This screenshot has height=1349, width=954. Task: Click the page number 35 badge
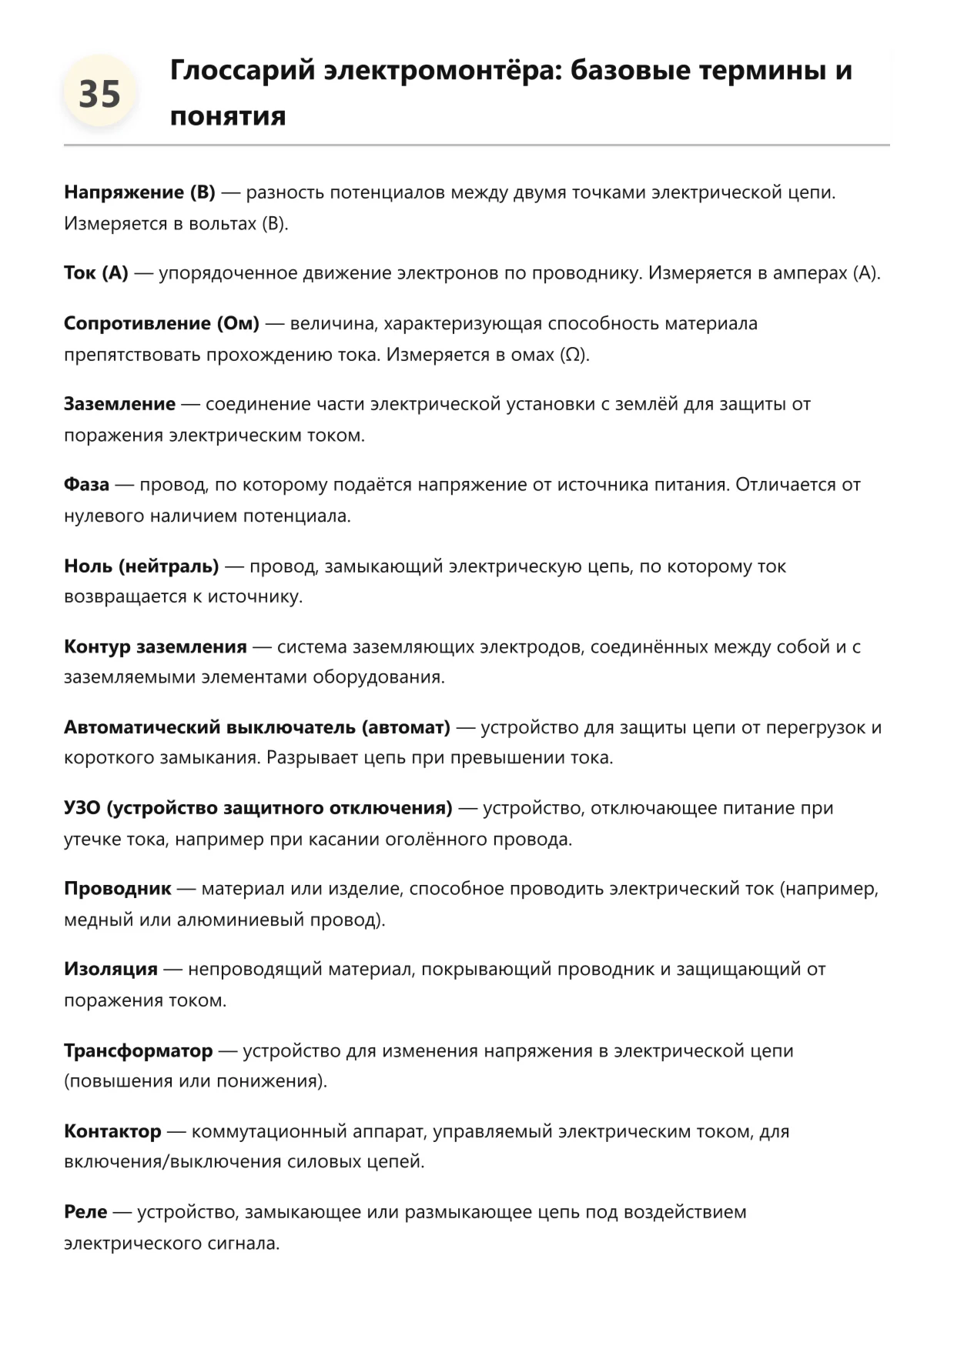(x=99, y=94)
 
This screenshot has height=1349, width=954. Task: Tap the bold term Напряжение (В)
(x=139, y=192)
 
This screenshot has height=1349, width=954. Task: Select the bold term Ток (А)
(x=96, y=273)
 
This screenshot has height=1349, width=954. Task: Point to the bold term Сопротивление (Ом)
(x=162, y=323)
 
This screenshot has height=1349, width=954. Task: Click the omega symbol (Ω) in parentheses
(x=572, y=355)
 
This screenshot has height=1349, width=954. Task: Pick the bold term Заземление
(x=119, y=404)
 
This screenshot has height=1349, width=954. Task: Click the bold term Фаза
(x=86, y=485)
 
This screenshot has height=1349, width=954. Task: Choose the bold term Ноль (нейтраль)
(x=142, y=566)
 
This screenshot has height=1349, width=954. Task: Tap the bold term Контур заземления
(x=156, y=646)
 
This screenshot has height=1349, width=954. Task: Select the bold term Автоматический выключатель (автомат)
(x=257, y=727)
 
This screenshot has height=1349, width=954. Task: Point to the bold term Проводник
(x=118, y=889)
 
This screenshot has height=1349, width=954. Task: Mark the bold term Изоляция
(x=111, y=969)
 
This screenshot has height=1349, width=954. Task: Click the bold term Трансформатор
(x=139, y=1050)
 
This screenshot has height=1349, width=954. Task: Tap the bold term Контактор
(x=112, y=1131)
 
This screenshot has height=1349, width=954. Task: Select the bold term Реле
(x=85, y=1212)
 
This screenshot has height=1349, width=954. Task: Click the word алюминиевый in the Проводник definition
(x=240, y=920)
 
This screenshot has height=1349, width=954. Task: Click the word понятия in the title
(x=228, y=116)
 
